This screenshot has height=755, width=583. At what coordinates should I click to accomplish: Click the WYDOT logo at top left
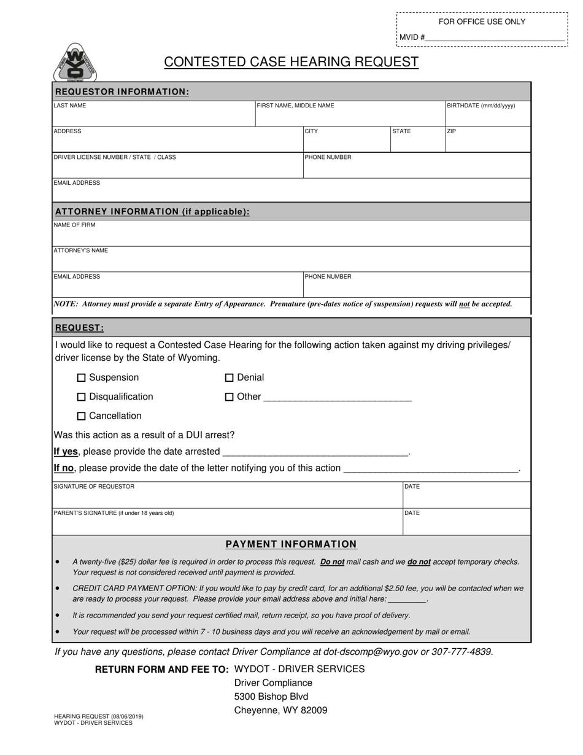point(75,63)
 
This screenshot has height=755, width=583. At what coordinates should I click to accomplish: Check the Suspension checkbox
point(82,377)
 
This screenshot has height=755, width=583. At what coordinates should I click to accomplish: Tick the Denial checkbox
point(230,377)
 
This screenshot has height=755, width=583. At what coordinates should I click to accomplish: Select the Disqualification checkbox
point(82,397)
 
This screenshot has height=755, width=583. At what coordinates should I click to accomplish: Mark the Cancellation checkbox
point(82,416)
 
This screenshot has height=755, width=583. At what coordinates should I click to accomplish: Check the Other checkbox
point(230,397)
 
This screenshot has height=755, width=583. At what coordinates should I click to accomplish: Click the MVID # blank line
point(494,38)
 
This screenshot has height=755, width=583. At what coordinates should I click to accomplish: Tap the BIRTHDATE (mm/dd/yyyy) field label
point(481,106)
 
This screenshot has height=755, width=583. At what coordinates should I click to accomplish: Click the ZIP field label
point(452,131)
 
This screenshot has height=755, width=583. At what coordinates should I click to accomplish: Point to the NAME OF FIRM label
point(75,225)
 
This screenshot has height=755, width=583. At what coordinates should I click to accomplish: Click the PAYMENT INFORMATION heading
point(291,544)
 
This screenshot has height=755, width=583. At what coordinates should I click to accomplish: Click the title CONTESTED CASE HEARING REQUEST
point(291,62)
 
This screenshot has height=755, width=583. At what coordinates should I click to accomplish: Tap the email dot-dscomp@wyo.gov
point(371,652)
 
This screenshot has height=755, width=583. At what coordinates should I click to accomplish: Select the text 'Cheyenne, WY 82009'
point(280,710)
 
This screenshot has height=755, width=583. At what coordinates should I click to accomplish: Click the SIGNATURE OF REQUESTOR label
point(94,487)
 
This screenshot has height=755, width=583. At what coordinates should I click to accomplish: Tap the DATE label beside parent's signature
point(412,513)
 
